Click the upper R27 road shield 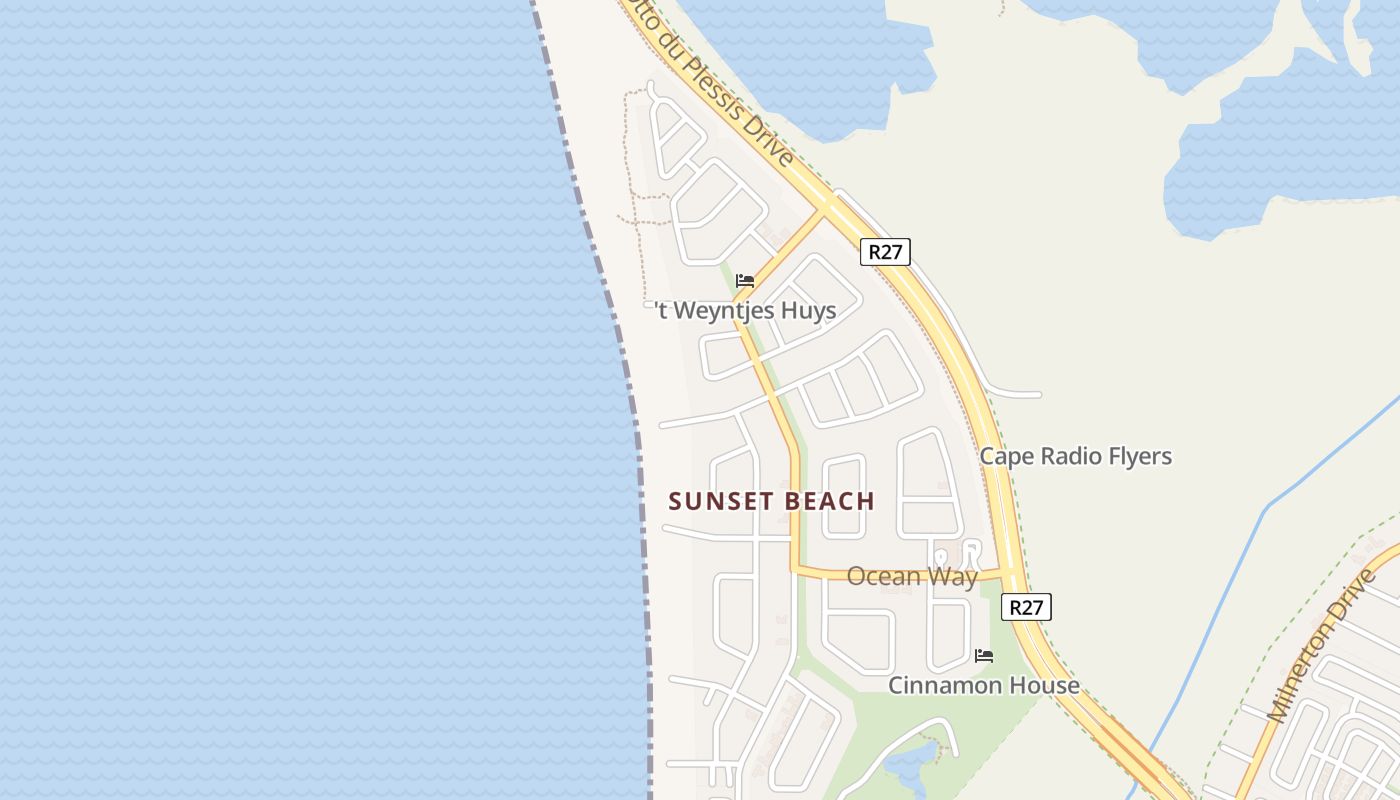(x=885, y=251)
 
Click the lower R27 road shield (x=1026, y=607)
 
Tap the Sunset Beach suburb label (x=771, y=501)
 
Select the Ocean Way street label (x=912, y=576)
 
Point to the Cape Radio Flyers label (x=1075, y=457)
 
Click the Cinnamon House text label (x=984, y=685)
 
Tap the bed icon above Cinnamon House (x=984, y=656)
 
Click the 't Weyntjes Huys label (x=747, y=311)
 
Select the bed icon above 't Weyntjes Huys (x=745, y=281)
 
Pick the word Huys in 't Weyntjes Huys (x=807, y=311)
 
